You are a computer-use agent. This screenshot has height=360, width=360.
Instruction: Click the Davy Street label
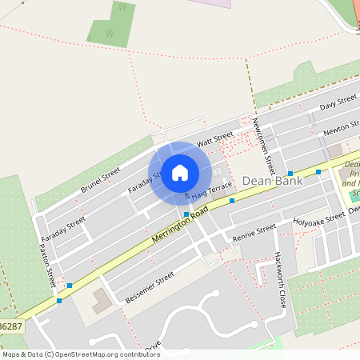[338, 102]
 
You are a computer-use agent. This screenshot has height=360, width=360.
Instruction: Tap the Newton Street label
[342, 129]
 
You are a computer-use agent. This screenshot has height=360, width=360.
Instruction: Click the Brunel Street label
[100, 180]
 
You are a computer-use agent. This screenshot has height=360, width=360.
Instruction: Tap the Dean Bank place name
[270, 181]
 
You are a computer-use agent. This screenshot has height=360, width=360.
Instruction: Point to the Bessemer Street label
[150, 287]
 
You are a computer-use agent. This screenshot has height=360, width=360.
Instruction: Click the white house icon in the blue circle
[180, 173]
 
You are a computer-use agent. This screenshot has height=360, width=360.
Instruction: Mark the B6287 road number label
[10, 326]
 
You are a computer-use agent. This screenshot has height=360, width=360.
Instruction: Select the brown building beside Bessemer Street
[102, 302]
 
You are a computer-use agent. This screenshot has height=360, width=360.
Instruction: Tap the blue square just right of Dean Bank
[290, 173]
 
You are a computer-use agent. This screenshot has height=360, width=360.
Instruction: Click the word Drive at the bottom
[152, 346]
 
